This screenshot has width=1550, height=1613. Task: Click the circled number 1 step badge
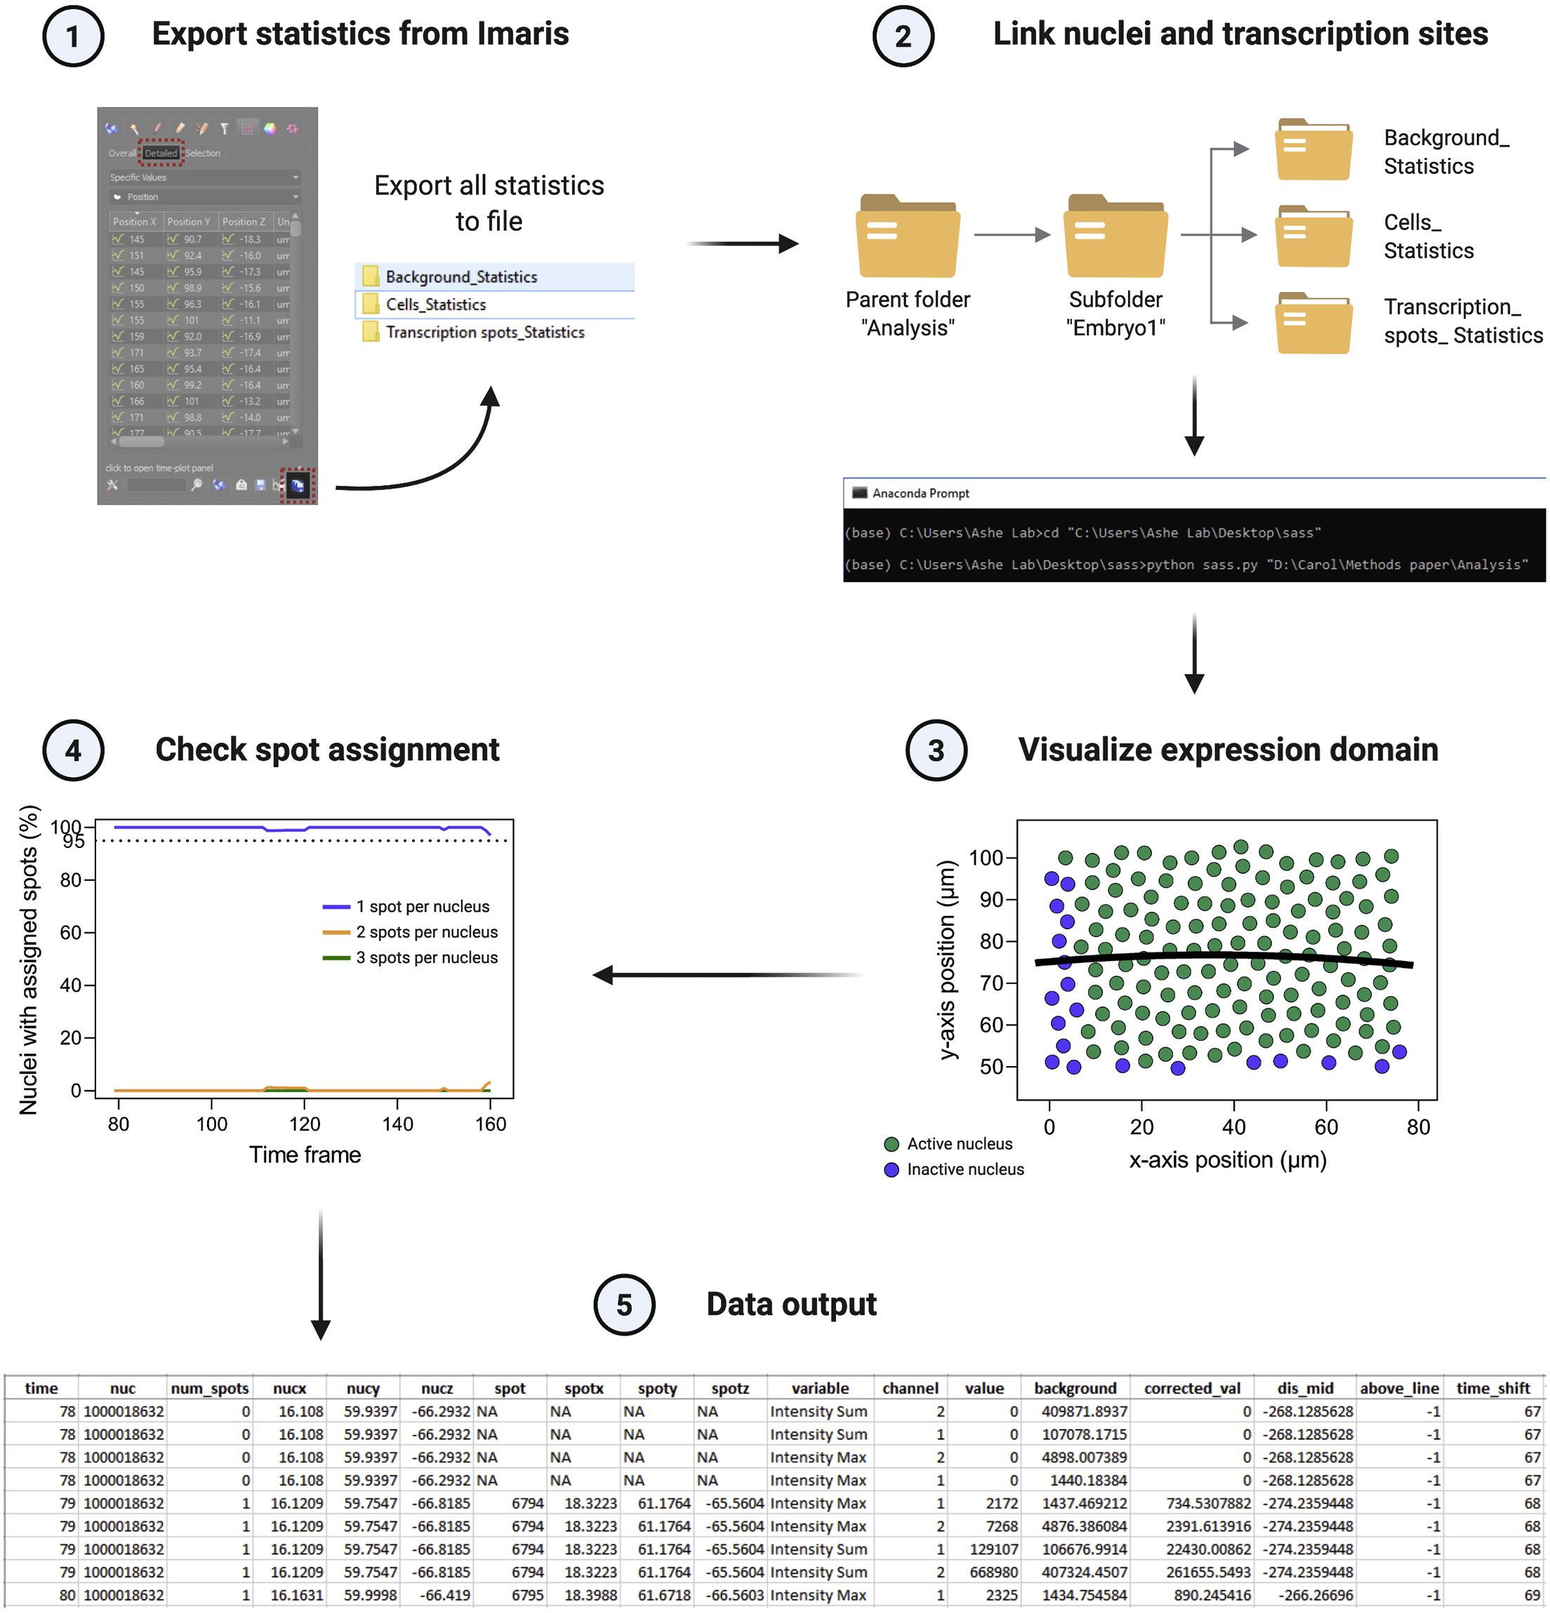point(72,36)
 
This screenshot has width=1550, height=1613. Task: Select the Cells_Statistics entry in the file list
point(435,305)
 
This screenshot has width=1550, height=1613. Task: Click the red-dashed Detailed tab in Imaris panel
point(161,153)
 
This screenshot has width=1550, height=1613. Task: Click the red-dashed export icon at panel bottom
point(297,486)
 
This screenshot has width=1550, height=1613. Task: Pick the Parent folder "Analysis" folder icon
point(907,237)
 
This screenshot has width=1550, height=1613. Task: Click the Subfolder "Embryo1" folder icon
point(1115,237)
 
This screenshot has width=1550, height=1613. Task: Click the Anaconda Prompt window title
point(920,493)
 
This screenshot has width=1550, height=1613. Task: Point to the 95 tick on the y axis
point(74,841)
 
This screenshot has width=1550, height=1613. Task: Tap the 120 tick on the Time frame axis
point(305,1124)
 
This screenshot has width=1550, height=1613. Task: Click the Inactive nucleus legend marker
point(891,1169)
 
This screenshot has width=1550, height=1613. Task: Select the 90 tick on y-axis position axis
point(991,899)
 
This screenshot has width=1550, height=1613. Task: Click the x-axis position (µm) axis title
point(1226,1160)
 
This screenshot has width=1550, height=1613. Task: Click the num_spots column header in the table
point(209,1388)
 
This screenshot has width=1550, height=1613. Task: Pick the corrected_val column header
point(1191,1388)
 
